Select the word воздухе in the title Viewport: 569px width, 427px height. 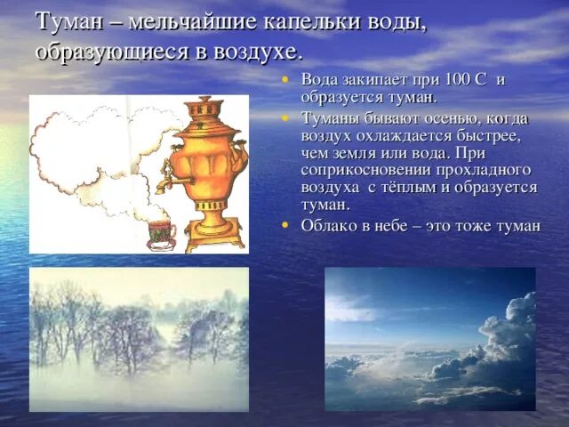[x=255, y=51]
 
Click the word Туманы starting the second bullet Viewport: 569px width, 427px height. [x=330, y=118]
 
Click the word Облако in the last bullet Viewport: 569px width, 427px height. [x=329, y=225]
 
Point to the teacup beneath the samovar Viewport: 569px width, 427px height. [x=161, y=230]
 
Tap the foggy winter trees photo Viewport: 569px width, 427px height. [x=139, y=339]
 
